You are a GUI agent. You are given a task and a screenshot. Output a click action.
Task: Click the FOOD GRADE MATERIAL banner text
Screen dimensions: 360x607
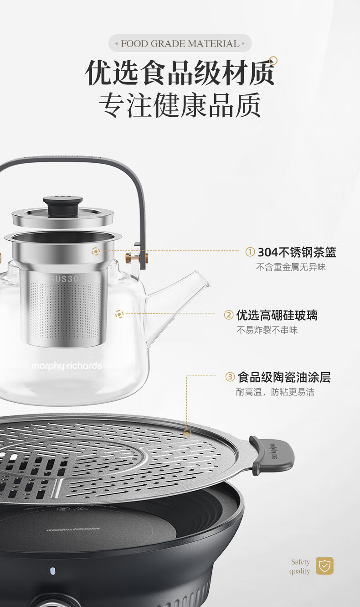coord(180,43)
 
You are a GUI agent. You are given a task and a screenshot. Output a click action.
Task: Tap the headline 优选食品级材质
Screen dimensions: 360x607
coord(180,73)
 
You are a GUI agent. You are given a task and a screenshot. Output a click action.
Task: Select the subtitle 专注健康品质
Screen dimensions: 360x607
coord(180,105)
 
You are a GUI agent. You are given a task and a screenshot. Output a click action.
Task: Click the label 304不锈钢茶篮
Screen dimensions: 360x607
coord(297,252)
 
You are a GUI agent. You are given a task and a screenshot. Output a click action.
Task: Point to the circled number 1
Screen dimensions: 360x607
coord(250,252)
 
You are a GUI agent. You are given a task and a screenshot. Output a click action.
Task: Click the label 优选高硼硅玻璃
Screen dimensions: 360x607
coord(277,315)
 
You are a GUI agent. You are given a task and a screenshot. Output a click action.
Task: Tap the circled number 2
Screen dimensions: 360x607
coord(229,315)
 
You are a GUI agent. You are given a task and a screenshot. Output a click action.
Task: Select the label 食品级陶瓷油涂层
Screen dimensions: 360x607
coord(284,377)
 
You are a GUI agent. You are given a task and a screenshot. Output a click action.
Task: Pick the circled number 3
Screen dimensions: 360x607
coord(230,377)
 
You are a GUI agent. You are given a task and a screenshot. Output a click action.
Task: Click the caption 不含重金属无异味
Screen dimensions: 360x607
coord(291,267)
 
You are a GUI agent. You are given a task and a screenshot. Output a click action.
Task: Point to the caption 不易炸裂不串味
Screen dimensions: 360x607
coord(267,330)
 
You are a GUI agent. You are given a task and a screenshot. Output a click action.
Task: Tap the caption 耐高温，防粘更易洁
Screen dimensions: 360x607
coord(275,392)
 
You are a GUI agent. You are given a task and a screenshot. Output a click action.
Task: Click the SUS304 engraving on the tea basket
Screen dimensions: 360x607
coord(67,279)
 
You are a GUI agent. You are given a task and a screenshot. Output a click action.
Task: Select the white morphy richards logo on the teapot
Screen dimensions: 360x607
coord(67,366)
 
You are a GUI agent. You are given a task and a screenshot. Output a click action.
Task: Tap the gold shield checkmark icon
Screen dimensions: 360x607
coord(324,566)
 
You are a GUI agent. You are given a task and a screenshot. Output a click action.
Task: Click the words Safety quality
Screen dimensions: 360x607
coord(300,566)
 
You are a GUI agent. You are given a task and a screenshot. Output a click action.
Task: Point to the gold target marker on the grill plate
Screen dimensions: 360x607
coord(187,433)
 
